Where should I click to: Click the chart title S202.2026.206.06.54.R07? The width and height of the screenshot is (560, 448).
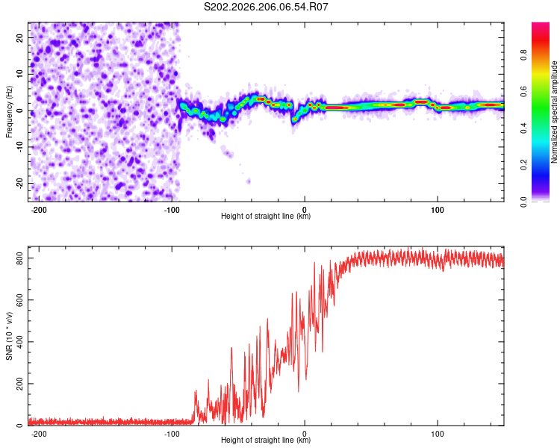(x=266, y=7)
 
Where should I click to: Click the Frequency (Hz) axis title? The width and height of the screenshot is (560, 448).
(x=9, y=112)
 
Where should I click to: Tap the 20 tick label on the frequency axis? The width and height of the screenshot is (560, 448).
(x=19, y=38)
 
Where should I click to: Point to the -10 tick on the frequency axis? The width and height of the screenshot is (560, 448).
(x=19, y=146)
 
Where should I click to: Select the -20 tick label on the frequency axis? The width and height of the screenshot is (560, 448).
(x=19, y=183)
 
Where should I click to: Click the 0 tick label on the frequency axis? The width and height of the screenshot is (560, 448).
(x=19, y=111)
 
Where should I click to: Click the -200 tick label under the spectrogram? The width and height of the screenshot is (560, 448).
(x=39, y=210)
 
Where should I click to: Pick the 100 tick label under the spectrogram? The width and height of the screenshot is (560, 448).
(x=437, y=210)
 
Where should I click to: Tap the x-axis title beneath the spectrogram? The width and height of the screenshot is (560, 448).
(x=266, y=216)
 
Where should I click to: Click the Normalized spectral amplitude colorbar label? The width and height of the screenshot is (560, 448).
(x=554, y=112)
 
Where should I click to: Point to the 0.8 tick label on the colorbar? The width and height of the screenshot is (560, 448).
(x=523, y=55)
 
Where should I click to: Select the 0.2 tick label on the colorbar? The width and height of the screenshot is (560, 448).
(x=523, y=165)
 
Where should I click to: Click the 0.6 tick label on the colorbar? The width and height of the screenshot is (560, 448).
(x=523, y=91)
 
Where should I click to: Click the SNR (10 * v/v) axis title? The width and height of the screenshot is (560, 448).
(x=9, y=336)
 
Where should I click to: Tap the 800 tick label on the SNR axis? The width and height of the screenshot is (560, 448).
(x=19, y=258)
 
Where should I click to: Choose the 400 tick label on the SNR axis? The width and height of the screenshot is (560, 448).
(x=19, y=341)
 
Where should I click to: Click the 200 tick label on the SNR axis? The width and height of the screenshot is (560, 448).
(x=19, y=383)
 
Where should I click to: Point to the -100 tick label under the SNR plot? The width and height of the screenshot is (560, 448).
(x=172, y=434)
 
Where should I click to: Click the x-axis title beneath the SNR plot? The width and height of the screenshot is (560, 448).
(x=266, y=440)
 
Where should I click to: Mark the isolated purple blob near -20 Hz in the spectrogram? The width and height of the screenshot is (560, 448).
(x=248, y=181)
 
